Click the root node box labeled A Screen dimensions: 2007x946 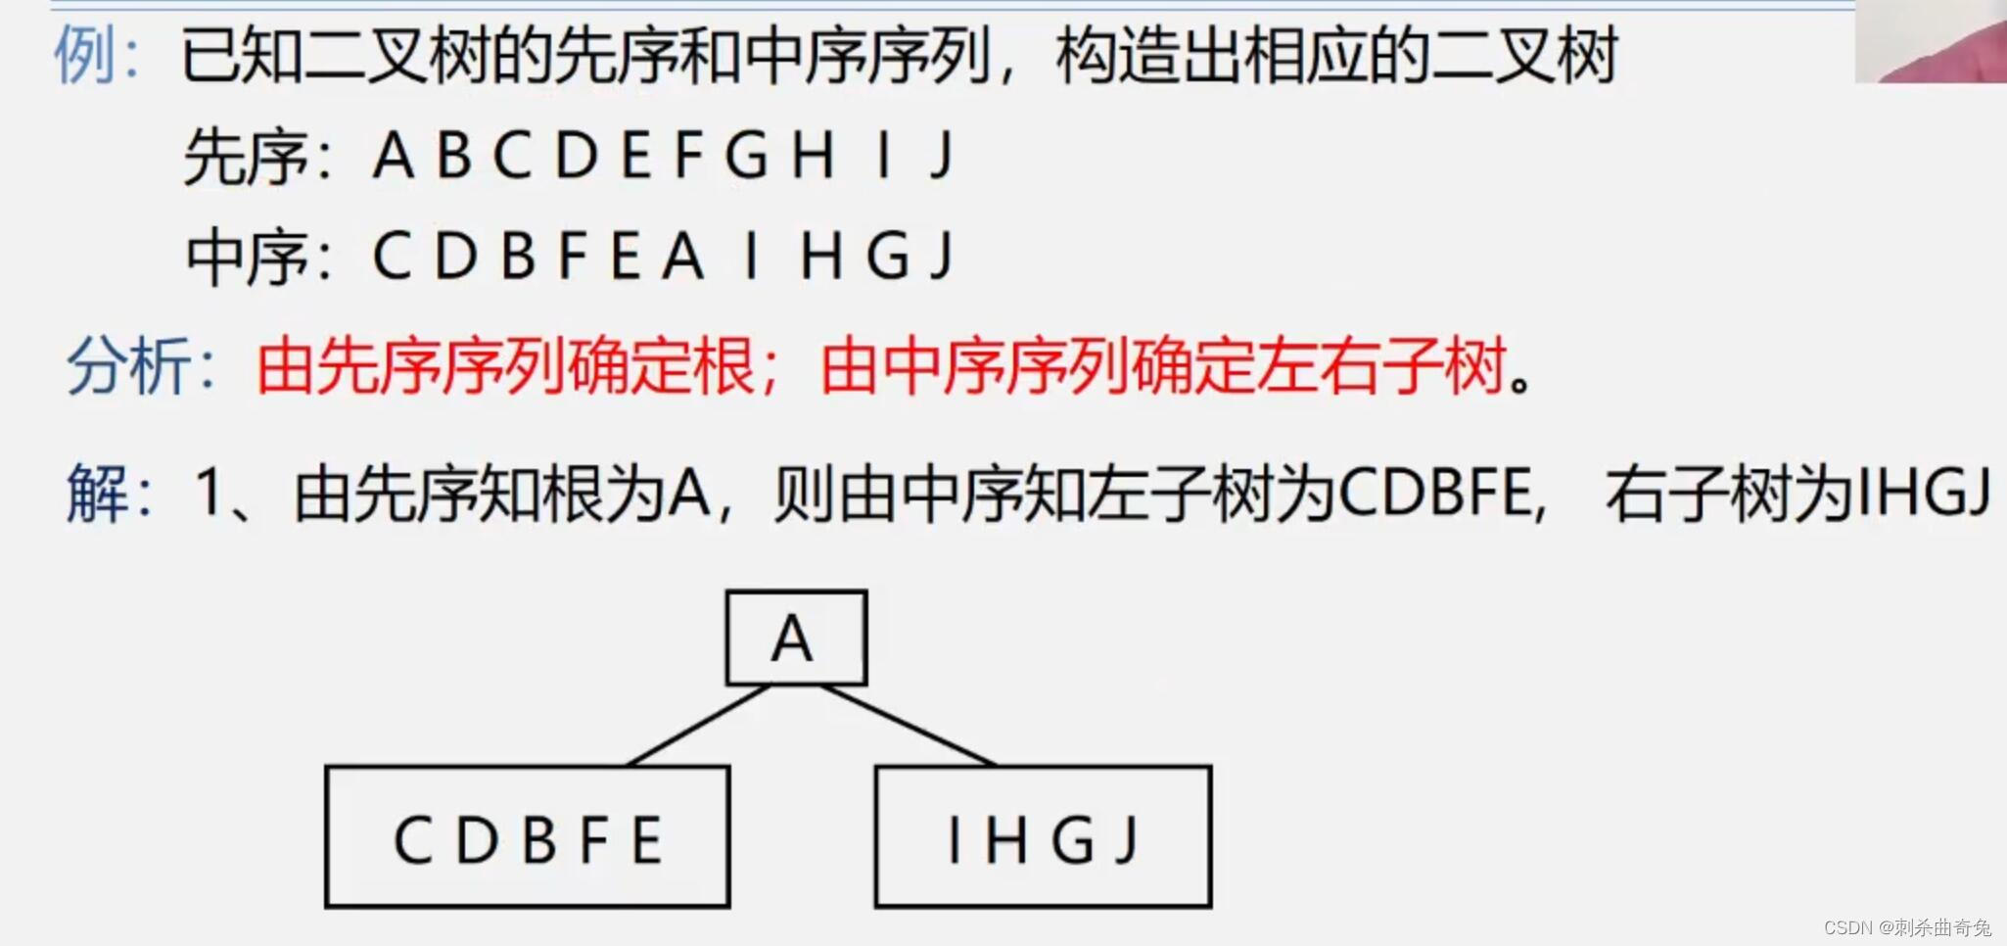coord(795,638)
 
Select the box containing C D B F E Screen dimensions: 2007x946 coord(527,837)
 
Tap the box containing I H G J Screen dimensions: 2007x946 coord(1043,837)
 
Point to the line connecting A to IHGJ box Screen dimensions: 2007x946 coord(909,726)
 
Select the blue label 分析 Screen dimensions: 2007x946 coord(129,368)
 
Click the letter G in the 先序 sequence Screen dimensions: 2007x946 coord(746,155)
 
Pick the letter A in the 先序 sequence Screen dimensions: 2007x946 coord(393,155)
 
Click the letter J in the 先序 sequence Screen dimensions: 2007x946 coord(942,155)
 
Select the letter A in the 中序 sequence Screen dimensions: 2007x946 coord(682,257)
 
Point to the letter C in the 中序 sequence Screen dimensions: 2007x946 coord(392,257)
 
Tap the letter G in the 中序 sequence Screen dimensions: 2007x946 coord(887,257)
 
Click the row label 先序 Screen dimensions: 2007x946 coord(246,157)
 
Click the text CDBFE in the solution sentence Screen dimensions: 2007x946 coord(1434,493)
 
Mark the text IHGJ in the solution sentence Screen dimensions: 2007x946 coord(1923,493)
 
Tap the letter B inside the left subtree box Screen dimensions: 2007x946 coord(539,839)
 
